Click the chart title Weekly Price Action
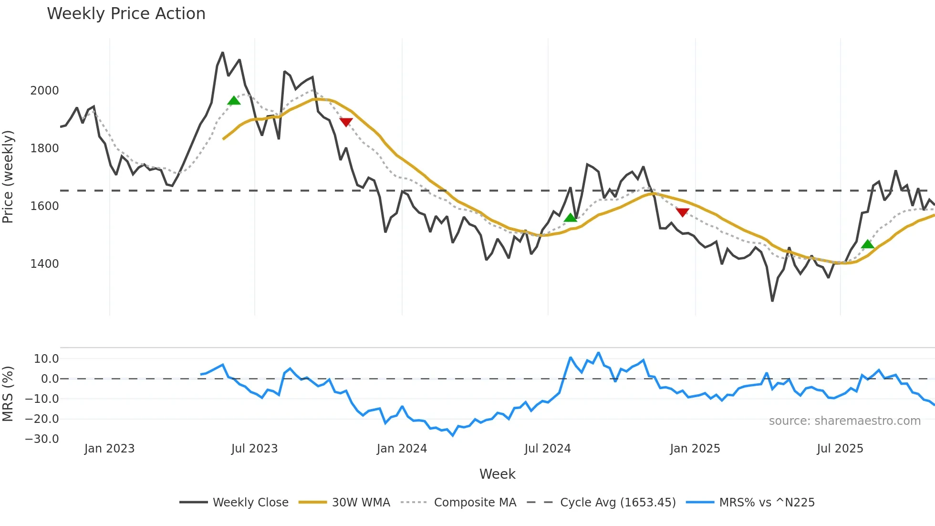coord(126,14)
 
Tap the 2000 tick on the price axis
coord(44,91)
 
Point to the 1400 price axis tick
coord(44,264)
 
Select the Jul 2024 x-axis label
coord(547,449)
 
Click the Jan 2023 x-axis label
coord(109,449)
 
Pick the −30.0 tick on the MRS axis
coord(42,439)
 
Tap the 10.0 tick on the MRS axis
coord(46,359)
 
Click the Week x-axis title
coord(497,474)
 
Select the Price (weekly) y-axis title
coord(8,177)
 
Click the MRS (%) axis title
coord(8,394)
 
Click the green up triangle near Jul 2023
coord(234,101)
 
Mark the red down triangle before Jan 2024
coord(346,122)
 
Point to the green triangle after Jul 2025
coord(868,244)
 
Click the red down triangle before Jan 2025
coord(683,212)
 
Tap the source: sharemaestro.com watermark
coord(844,421)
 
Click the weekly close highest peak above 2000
coord(223,53)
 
